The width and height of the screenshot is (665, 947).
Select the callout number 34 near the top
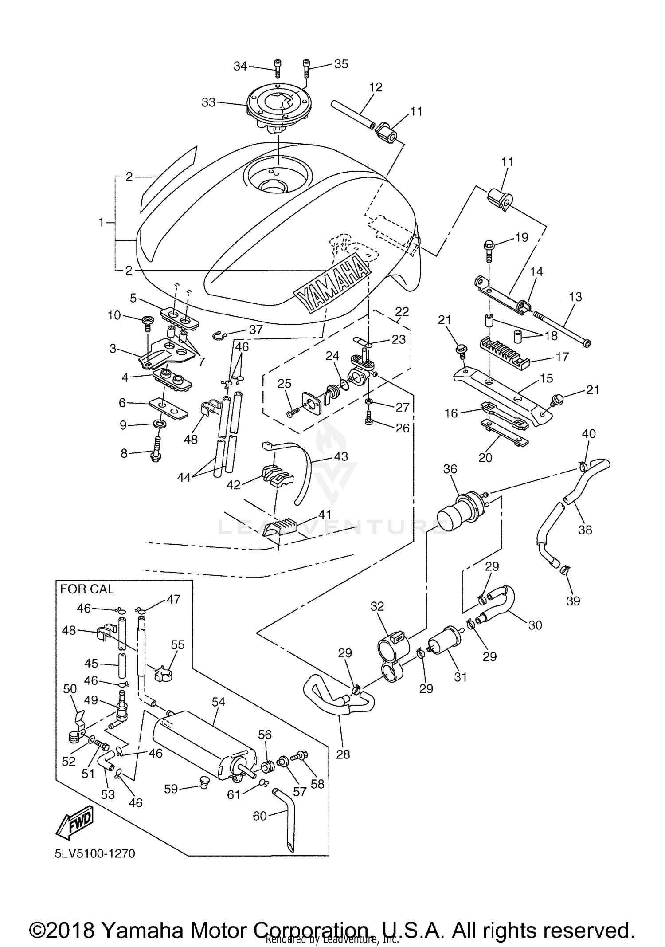(240, 66)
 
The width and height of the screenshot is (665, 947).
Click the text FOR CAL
(87, 589)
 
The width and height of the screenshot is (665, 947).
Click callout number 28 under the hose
(343, 754)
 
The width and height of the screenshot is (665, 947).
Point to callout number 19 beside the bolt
(522, 237)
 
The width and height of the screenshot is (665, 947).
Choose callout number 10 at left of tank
(114, 315)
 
